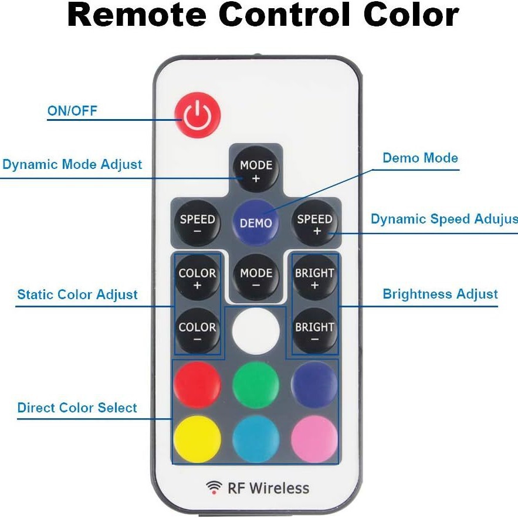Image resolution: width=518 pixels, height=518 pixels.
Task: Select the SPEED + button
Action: [x=314, y=224]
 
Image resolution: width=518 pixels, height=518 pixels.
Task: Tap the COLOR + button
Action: [x=197, y=278]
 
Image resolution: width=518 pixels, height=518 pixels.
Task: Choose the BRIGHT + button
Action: [x=314, y=278]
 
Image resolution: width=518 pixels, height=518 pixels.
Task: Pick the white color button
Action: [x=256, y=330]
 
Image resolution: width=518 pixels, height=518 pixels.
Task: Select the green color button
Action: [x=256, y=385]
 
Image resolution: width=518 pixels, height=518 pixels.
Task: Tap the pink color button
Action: [x=314, y=439]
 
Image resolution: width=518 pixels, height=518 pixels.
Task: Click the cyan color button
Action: [x=256, y=439]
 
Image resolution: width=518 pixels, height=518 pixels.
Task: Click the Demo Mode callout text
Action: [x=420, y=158]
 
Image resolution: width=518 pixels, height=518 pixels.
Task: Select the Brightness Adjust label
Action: [x=440, y=294]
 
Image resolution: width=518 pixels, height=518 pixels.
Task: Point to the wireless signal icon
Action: [x=214, y=487]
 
